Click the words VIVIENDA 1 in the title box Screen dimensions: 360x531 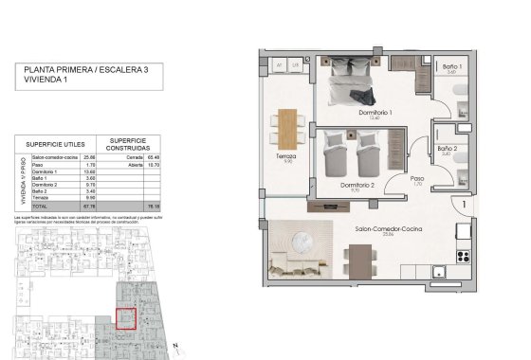(x=48, y=81)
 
